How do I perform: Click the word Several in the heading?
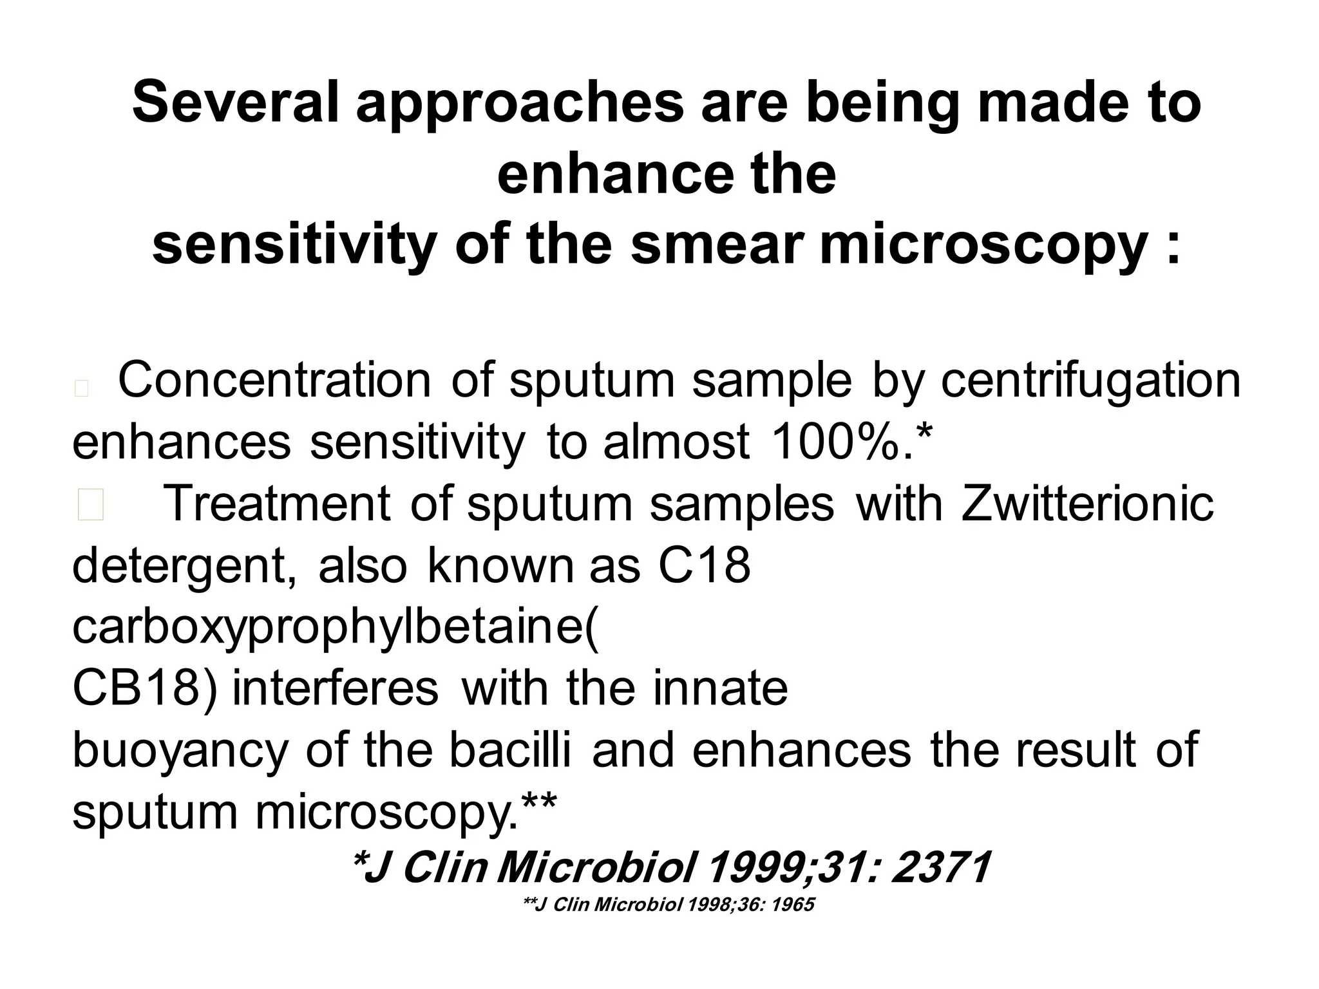[x=236, y=102]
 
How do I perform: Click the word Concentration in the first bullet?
[x=274, y=381]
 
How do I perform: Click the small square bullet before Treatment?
[x=90, y=505]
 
